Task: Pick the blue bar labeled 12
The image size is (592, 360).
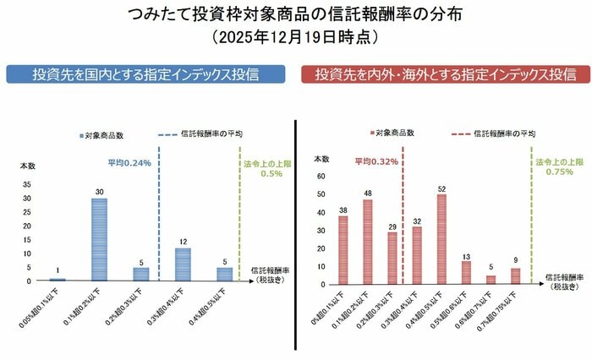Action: tap(184, 264)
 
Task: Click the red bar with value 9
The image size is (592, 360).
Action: tap(516, 274)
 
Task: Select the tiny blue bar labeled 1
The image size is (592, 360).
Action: tap(58, 279)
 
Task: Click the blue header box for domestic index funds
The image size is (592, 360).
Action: tap(146, 74)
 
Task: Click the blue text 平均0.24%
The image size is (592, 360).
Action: tap(129, 163)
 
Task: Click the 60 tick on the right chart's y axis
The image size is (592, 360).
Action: tap(321, 177)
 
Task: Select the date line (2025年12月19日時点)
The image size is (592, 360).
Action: tap(295, 38)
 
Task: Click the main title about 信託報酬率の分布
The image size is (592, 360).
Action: tap(295, 15)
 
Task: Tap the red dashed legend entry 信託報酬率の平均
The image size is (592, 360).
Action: tap(486, 133)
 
